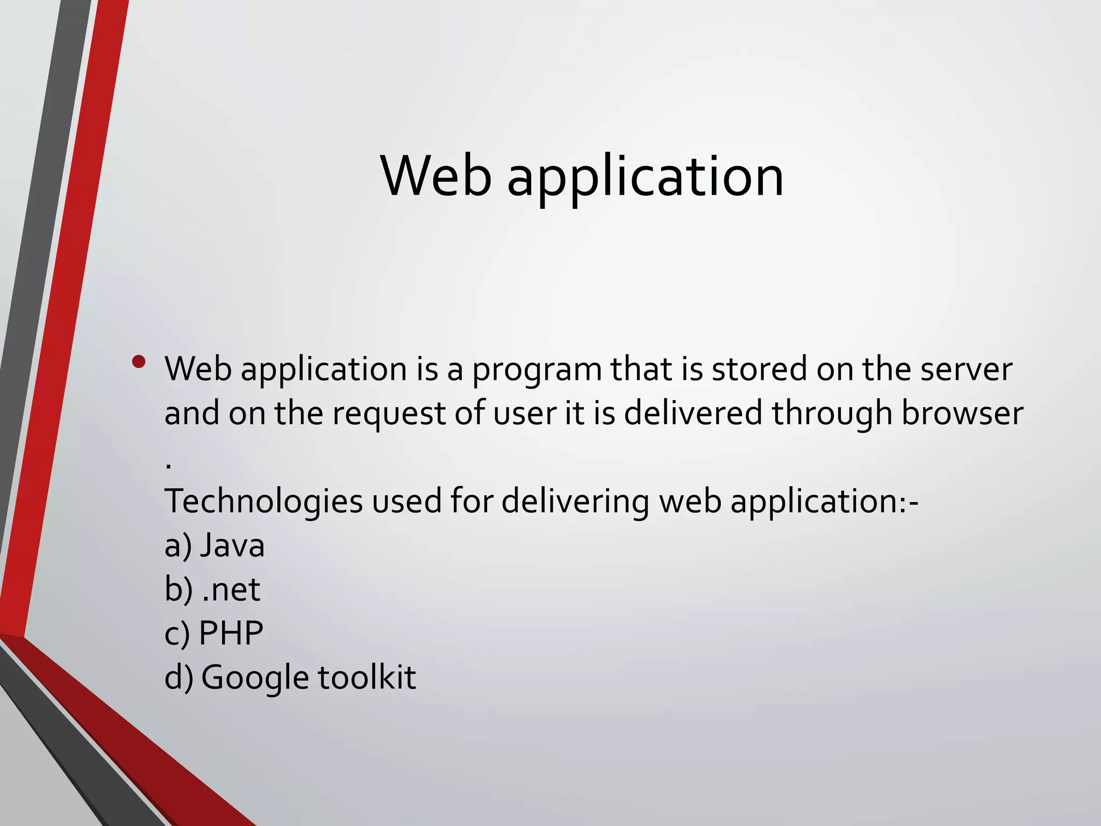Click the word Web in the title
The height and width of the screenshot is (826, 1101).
pos(435,176)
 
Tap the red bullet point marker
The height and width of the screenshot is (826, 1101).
pos(139,362)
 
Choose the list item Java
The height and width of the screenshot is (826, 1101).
pos(232,545)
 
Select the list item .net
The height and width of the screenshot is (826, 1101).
pos(231,589)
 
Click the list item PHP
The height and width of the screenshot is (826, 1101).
pos(231,633)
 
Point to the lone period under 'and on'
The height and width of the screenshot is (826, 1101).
pos(169,466)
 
